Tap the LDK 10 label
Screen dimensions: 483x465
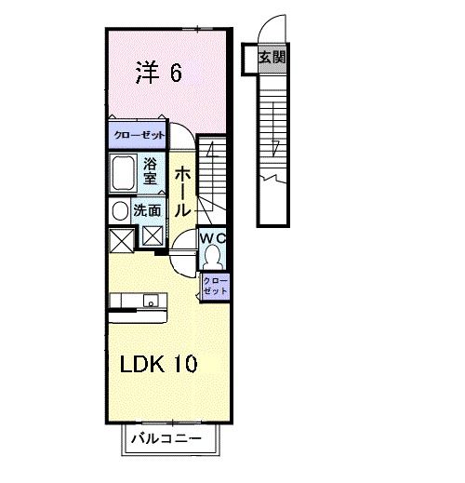click(x=156, y=364)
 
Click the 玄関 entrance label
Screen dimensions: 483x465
click(x=272, y=58)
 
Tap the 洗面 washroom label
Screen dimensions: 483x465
click(x=146, y=211)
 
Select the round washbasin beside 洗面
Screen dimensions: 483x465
click(x=119, y=212)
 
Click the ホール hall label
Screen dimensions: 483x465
click(x=182, y=190)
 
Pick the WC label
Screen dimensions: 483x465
click(x=215, y=238)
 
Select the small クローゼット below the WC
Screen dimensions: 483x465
click(x=215, y=286)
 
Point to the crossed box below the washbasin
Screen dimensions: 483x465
click(x=121, y=240)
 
